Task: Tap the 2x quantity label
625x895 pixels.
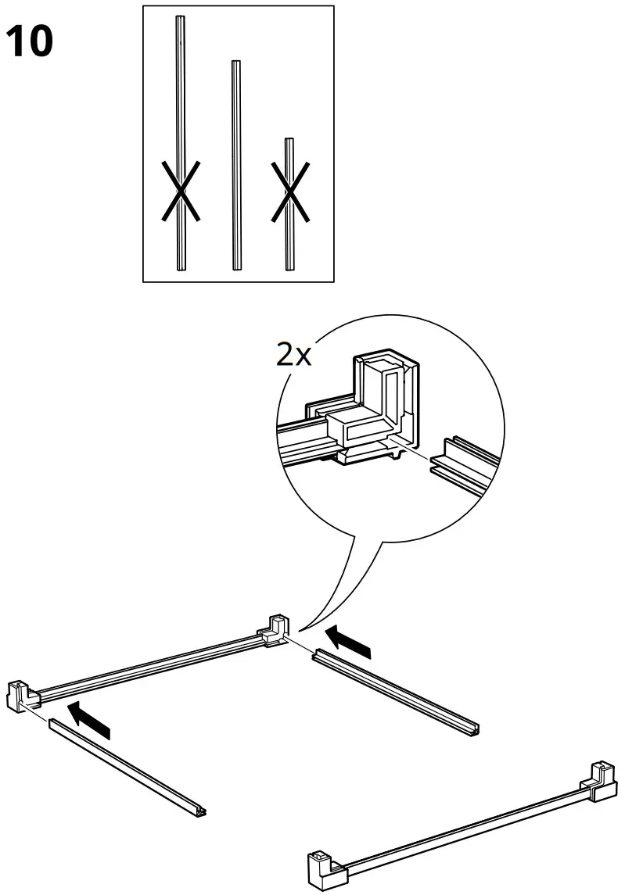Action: tap(294, 356)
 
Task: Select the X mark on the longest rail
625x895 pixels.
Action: tap(181, 190)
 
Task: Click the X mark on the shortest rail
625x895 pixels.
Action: tap(289, 190)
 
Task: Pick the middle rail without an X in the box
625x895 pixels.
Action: tap(235, 164)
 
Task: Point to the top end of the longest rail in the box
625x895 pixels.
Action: tap(181, 20)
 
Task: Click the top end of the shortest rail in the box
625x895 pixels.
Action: tap(289, 142)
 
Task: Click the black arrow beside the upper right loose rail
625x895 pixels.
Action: tap(348, 640)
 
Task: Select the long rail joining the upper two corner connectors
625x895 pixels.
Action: tap(149, 664)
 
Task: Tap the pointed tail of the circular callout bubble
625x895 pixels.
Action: tap(305, 622)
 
